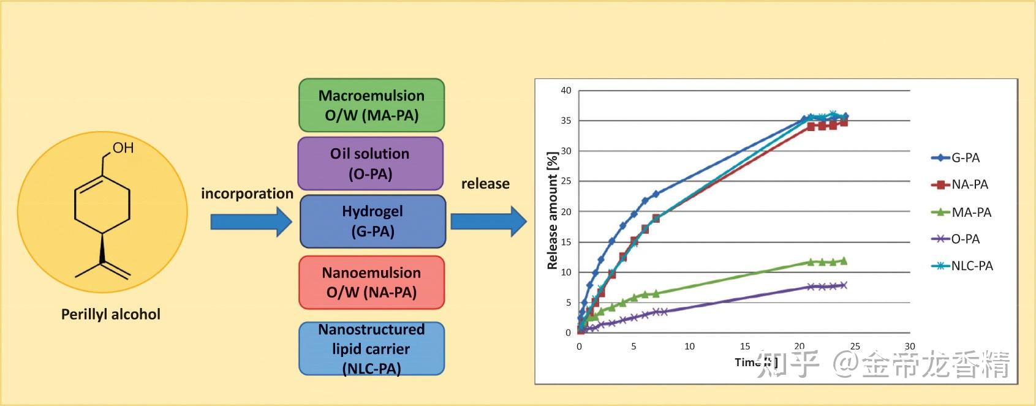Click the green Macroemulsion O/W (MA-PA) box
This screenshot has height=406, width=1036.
pyautogui.click(x=371, y=105)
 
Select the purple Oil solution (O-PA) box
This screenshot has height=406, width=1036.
pyautogui.click(x=370, y=164)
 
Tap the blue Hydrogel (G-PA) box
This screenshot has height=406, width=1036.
pyautogui.click(x=372, y=221)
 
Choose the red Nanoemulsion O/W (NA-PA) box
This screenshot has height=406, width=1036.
pyautogui.click(x=371, y=282)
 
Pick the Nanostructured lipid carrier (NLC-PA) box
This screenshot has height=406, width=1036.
pyautogui.click(x=371, y=348)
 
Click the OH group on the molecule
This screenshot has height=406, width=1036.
pyautogui.click(x=123, y=148)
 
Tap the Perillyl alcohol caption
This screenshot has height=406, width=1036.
pyautogui.click(x=111, y=314)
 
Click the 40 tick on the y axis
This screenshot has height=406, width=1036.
pyautogui.click(x=566, y=91)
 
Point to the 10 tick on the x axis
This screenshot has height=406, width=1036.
pyautogui.click(x=689, y=347)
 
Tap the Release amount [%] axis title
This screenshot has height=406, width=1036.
pyautogui.click(x=552, y=211)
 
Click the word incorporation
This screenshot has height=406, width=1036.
pyautogui.click(x=247, y=194)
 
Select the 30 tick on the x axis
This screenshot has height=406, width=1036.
pyautogui.click(x=910, y=347)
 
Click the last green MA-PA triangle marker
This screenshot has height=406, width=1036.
pyautogui.click(x=844, y=261)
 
